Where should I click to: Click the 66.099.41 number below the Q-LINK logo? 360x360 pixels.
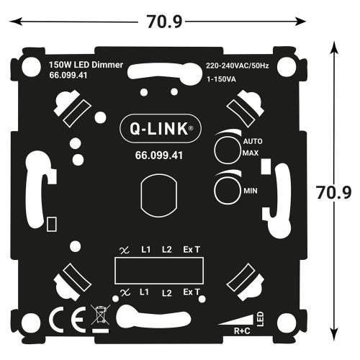click(x=159, y=154)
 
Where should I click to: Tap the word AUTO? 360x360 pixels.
click(x=251, y=143)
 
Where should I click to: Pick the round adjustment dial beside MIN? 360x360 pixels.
click(x=227, y=189)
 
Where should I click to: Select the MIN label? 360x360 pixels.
click(x=251, y=190)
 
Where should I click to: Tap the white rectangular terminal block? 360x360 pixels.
click(x=160, y=270)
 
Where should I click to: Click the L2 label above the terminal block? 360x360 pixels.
click(x=167, y=249)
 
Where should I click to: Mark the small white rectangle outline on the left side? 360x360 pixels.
click(x=52, y=224)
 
